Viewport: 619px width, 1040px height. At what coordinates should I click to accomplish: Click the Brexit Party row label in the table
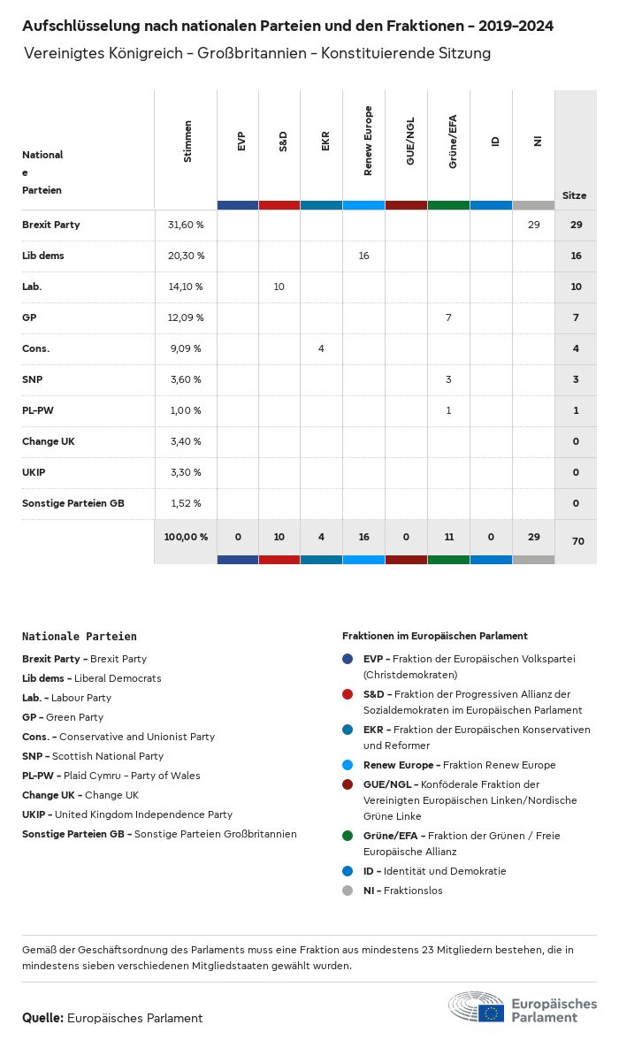[51, 225]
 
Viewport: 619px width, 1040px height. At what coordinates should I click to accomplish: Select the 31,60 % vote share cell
[186, 225]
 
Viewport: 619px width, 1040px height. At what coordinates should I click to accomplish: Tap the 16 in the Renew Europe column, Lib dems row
[363, 256]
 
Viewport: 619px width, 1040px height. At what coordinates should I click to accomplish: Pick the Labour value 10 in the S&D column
[279, 287]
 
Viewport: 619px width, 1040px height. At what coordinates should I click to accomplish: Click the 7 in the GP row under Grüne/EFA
[448, 317]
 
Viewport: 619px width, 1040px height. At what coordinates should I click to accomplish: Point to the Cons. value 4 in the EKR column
[321, 348]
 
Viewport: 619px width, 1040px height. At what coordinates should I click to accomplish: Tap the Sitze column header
[575, 195]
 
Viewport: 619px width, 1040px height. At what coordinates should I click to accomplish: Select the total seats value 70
[577, 541]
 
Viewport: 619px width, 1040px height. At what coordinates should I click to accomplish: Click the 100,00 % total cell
[186, 537]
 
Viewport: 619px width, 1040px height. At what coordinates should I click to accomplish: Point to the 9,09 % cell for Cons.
[186, 348]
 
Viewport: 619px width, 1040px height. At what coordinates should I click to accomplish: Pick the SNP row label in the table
[33, 379]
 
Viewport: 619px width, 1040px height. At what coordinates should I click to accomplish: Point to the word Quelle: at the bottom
[42, 1018]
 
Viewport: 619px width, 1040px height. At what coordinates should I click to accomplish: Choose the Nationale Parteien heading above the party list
[80, 636]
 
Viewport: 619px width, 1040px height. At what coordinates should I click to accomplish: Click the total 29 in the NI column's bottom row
[533, 537]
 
